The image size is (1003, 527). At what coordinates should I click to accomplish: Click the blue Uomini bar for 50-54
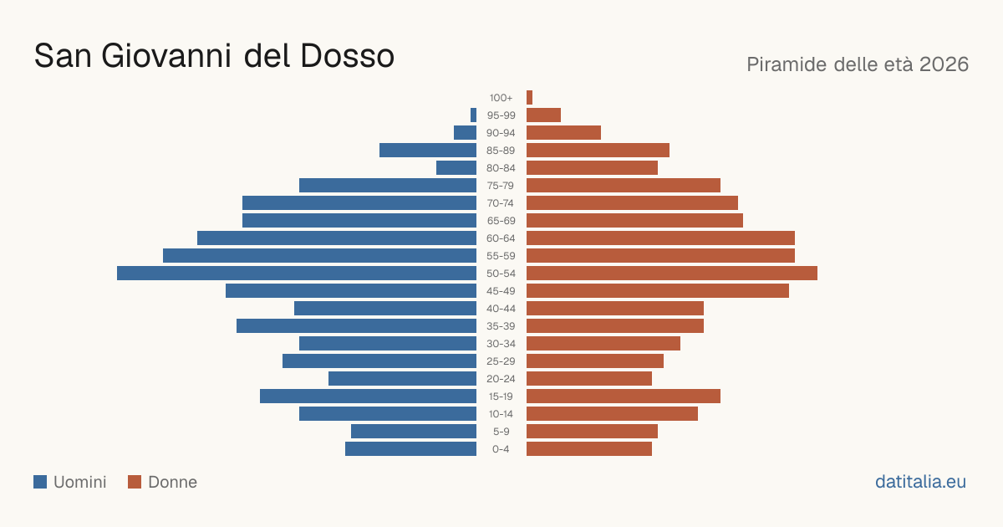coord(297,274)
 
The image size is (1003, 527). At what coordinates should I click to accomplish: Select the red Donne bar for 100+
coord(529,98)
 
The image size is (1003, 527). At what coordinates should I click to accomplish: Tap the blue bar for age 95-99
coord(473,115)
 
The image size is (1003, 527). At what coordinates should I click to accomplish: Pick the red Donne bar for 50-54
coord(672,274)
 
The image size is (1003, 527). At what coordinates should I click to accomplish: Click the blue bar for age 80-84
coord(456,168)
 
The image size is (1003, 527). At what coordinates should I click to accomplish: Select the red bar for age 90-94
coord(563,133)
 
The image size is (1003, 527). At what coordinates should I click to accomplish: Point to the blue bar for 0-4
coord(410,449)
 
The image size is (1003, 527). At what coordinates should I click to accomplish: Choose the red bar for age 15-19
coord(624,397)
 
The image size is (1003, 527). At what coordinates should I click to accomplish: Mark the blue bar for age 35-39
coord(356,325)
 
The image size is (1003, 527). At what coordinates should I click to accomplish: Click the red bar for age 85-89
coord(598,150)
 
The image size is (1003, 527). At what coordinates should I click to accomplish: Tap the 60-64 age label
coord(501,238)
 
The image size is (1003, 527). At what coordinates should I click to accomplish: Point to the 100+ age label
coord(501,98)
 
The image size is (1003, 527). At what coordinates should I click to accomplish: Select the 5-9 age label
coord(501,432)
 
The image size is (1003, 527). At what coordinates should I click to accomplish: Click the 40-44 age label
coord(501,309)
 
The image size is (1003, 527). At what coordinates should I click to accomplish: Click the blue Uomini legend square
coord(40,482)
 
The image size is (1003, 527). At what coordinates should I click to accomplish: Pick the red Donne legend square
coord(135,482)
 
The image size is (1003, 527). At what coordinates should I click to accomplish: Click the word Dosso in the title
coord(347,56)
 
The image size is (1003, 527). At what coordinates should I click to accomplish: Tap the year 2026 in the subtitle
coord(944,64)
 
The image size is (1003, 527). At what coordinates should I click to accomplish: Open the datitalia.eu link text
coord(920,482)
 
